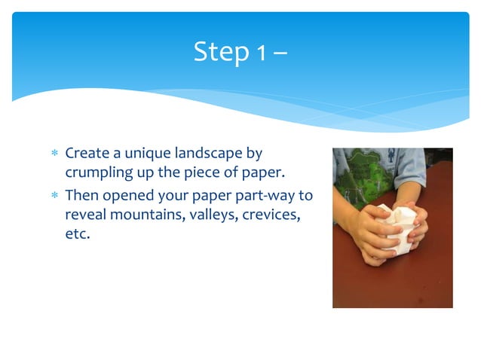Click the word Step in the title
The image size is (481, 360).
(219, 52)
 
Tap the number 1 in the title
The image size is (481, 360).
(259, 52)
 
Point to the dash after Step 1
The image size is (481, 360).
(279, 53)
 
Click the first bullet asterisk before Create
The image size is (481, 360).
(54, 154)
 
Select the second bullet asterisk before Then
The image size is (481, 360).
(54, 196)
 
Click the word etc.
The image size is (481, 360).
(77, 236)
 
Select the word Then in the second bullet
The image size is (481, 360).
(82, 195)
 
